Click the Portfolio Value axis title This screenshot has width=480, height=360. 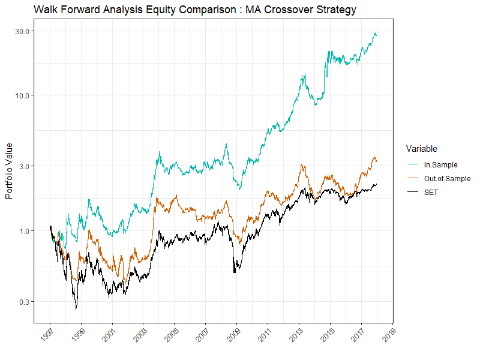[9, 172]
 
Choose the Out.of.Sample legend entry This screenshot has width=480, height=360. [447, 178]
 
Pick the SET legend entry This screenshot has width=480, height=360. [431, 192]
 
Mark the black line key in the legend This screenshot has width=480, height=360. [413, 192]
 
